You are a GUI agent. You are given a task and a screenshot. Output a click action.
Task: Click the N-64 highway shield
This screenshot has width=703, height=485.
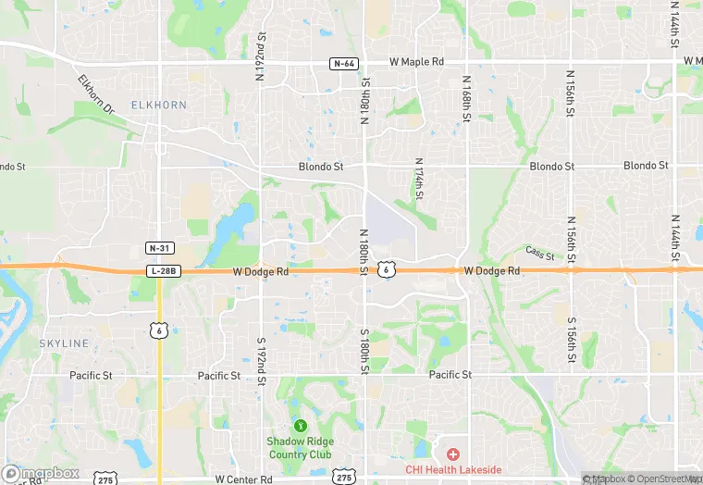344,63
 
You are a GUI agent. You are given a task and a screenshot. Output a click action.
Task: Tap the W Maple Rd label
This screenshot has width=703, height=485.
416,62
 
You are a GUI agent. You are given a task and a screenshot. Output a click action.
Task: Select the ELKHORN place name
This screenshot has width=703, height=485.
158,106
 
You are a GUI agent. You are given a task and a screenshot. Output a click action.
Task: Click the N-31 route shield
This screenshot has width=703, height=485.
159,248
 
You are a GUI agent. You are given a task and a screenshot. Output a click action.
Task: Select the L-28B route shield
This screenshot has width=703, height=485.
163,270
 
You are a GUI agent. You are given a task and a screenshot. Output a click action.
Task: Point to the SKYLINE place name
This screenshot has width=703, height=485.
64,343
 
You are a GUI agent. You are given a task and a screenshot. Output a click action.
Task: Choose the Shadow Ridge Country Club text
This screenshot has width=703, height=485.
300,448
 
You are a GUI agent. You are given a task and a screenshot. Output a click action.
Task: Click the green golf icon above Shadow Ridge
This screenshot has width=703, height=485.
300,426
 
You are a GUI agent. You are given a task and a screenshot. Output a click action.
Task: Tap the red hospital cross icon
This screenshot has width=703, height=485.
453,454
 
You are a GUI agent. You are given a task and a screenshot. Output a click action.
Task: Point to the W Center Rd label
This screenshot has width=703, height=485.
245,479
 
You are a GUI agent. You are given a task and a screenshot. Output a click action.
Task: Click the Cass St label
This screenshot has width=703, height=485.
539,254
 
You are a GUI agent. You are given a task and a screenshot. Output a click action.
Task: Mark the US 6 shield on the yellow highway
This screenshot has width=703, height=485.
160,330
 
